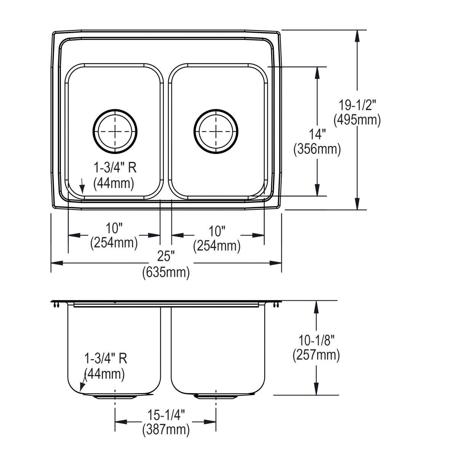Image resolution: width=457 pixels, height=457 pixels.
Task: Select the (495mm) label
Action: tap(357, 120)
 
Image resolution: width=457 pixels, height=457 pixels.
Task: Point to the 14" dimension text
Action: tap(317, 134)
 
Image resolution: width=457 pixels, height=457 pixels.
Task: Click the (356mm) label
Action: tap(317, 149)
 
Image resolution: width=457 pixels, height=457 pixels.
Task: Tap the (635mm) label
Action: tap(166, 273)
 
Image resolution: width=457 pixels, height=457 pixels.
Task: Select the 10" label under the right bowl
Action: tap(217, 231)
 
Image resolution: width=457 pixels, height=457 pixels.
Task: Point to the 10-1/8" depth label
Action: tap(316, 340)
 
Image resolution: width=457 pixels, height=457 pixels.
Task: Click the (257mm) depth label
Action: tap(316, 355)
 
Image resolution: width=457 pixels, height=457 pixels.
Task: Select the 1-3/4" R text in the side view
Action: tap(105, 358)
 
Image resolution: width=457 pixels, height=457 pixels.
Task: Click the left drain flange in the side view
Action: tap(115, 397)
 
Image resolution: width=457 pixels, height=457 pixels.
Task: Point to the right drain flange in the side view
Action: tap(216, 397)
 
